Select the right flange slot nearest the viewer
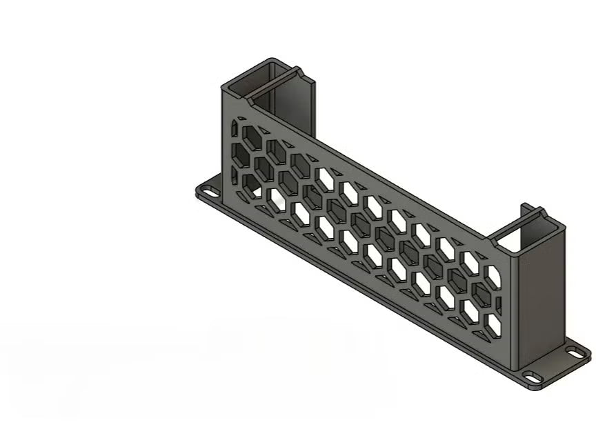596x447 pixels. pyautogui.click(x=532, y=377)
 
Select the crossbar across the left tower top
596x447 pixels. pyautogui.click(x=275, y=82)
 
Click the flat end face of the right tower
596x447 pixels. pyautogui.click(x=542, y=304)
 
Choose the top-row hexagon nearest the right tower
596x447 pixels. pyautogui.click(x=493, y=276)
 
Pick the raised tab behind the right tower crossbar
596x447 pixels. pyautogui.click(x=524, y=206)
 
